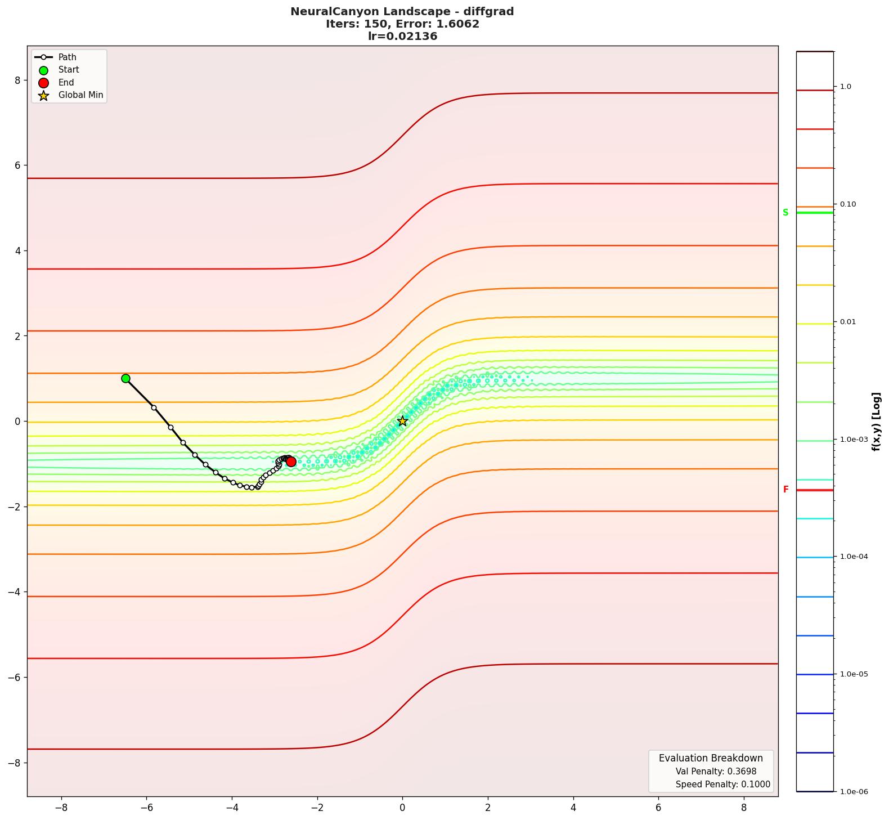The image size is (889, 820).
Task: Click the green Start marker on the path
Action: pos(125,379)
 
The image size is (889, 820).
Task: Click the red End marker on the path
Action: pos(291,462)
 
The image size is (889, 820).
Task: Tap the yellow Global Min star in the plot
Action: pos(402,421)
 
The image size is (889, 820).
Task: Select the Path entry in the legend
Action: pos(67,57)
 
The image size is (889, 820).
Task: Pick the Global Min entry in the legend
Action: pos(80,95)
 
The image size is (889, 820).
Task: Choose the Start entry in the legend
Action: pos(69,70)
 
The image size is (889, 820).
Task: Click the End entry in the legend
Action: pos(66,83)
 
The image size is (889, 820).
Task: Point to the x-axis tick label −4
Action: pos(232,808)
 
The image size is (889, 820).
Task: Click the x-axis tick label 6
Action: pos(659,808)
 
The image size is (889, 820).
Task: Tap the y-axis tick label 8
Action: pos(17,80)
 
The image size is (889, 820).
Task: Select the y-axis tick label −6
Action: pos(14,678)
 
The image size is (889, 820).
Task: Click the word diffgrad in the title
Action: pos(486,12)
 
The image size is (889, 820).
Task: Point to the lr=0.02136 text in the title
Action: pos(402,37)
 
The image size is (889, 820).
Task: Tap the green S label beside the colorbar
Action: pos(785,213)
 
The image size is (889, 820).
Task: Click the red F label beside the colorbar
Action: pos(786,490)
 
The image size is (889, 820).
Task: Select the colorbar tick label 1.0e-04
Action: pos(854,557)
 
